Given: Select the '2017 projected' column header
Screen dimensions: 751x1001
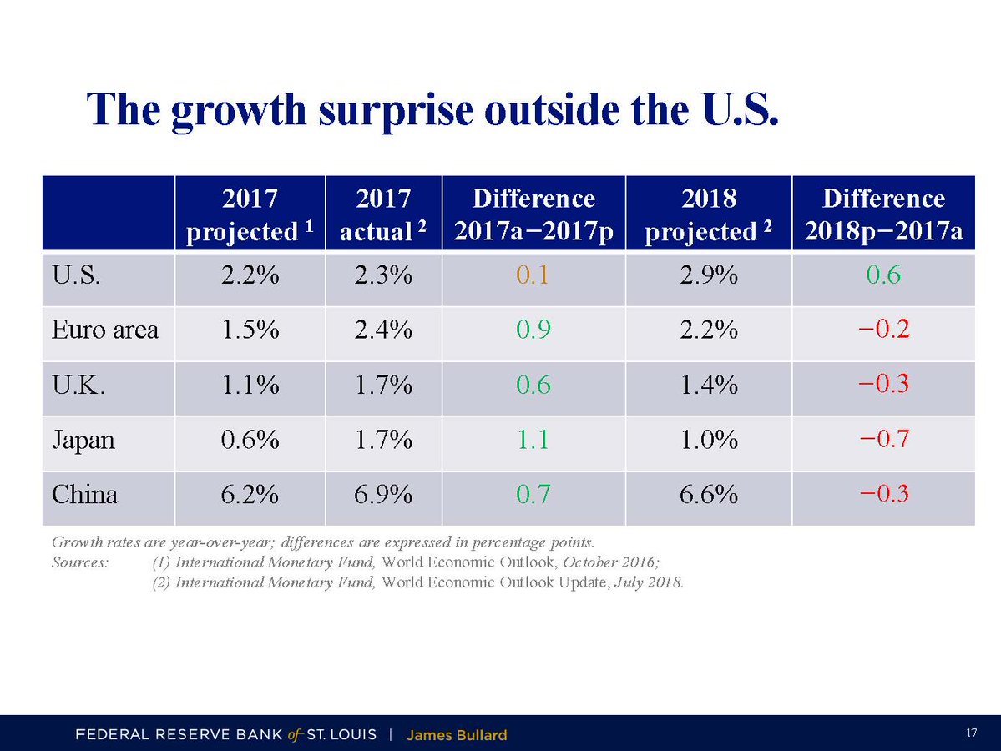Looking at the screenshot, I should pyautogui.click(x=250, y=214).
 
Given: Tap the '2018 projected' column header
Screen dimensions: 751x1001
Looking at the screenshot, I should pyautogui.click(x=709, y=214).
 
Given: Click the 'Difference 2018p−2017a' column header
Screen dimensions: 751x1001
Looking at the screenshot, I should pyautogui.click(x=883, y=214).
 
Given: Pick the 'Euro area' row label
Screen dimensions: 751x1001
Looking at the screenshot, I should pyautogui.click(x=105, y=330).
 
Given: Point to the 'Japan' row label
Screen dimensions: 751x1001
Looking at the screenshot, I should pyautogui.click(x=83, y=440).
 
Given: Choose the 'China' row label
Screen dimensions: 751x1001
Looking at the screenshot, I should pyautogui.click(x=85, y=495).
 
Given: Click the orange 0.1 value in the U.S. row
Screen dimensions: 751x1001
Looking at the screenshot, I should pyautogui.click(x=533, y=275).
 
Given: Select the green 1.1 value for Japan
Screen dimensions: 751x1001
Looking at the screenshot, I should pyautogui.click(x=533, y=440).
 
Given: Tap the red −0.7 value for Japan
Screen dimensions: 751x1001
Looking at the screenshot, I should pyautogui.click(x=883, y=440).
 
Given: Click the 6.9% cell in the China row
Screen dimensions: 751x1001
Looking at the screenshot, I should pyautogui.click(x=383, y=495).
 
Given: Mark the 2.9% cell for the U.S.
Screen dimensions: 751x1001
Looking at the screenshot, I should pyautogui.click(x=709, y=275).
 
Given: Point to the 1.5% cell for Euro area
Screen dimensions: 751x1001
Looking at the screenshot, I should pyautogui.click(x=250, y=330).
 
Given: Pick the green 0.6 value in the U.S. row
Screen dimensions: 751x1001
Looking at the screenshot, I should pyautogui.click(x=883, y=275).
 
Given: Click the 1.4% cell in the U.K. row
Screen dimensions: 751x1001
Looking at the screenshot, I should pyautogui.click(x=709, y=385).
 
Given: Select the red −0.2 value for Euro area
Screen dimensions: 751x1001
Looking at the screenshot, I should pyautogui.click(x=883, y=330).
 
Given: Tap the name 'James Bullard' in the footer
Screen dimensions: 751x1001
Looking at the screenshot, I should pyautogui.click(x=457, y=735).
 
